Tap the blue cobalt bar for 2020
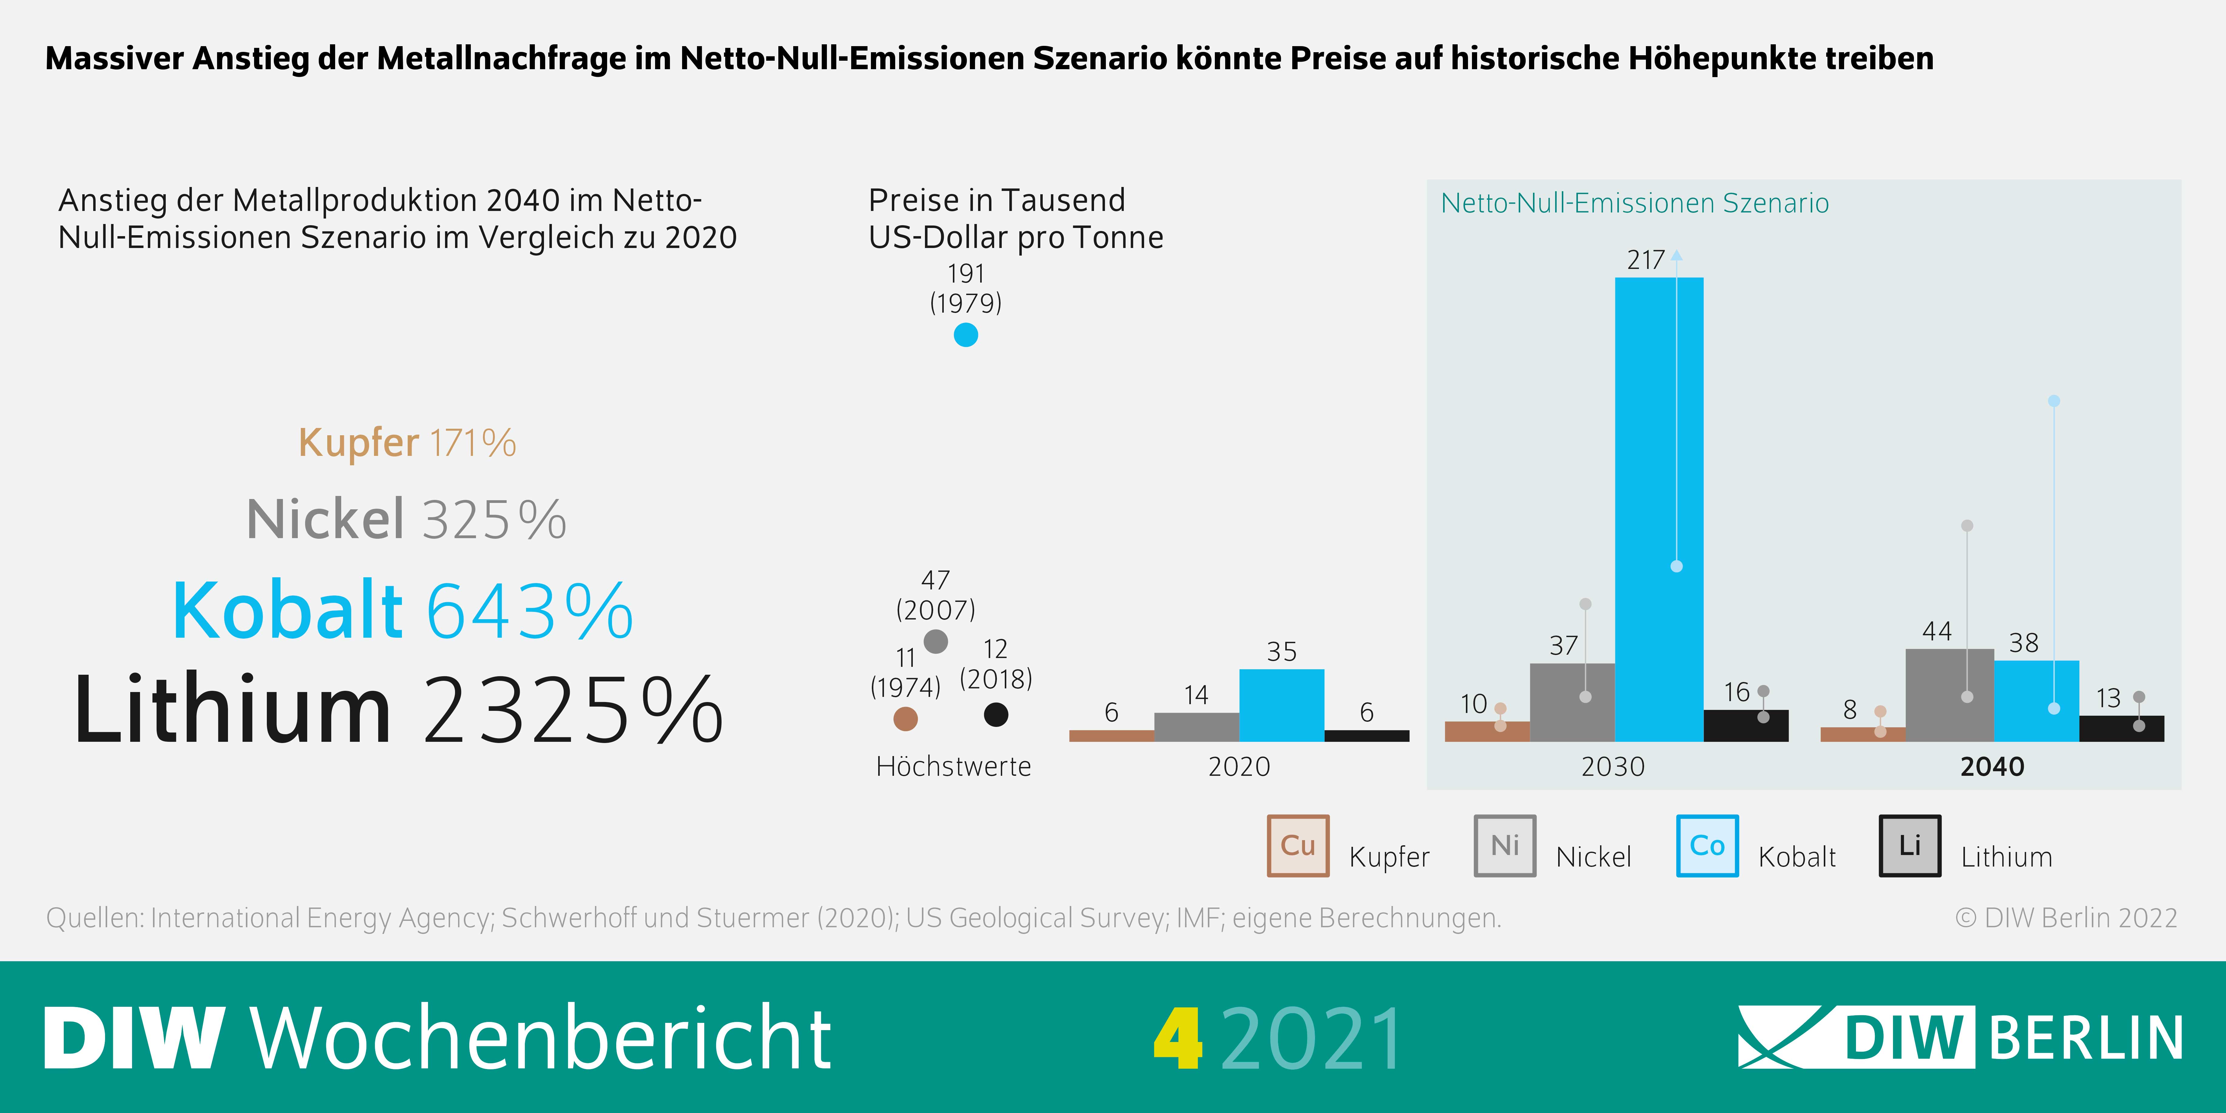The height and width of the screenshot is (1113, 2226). tap(1282, 705)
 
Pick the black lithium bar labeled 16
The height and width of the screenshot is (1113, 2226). tap(1745, 726)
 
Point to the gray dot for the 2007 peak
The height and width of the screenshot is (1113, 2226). tap(936, 641)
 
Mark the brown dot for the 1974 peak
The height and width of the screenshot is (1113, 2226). tap(905, 718)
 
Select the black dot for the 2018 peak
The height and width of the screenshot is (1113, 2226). tap(996, 715)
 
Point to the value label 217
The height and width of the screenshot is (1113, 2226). tap(1645, 260)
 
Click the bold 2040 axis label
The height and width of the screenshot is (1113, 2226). tap(1992, 766)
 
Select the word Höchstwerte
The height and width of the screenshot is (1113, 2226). tap(953, 766)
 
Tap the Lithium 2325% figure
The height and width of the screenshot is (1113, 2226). tap(397, 710)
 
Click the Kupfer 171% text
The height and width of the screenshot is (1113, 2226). tap(407, 443)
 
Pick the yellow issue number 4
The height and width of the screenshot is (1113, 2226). tap(1177, 1039)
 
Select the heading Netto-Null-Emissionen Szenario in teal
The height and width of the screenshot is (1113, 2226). tap(1634, 203)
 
